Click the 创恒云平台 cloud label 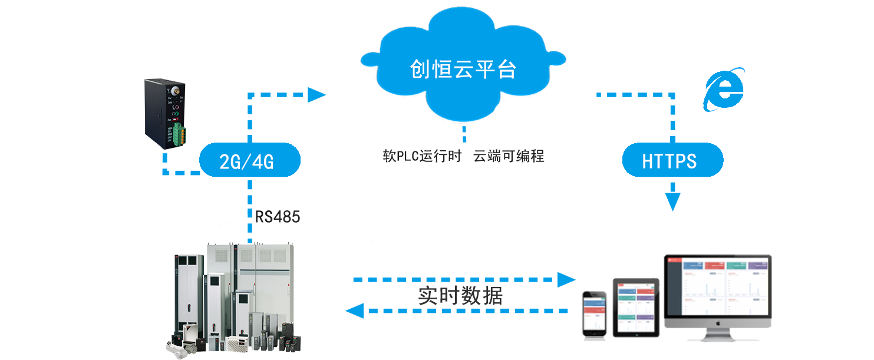pyautogui.click(x=463, y=70)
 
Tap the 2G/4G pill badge pyautogui.click(x=250, y=160)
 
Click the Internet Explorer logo pyautogui.click(x=724, y=90)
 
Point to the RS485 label pyautogui.click(x=277, y=217)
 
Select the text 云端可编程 pyautogui.click(x=509, y=157)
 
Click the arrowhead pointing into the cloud pyautogui.click(x=317, y=94)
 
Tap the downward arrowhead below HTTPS pyautogui.click(x=672, y=202)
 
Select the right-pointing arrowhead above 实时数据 pyautogui.click(x=567, y=279)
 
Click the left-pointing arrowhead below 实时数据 pyautogui.click(x=355, y=311)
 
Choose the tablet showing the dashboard pyautogui.click(x=635, y=307)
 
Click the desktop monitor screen pyautogui.click(x=717, y=286)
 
